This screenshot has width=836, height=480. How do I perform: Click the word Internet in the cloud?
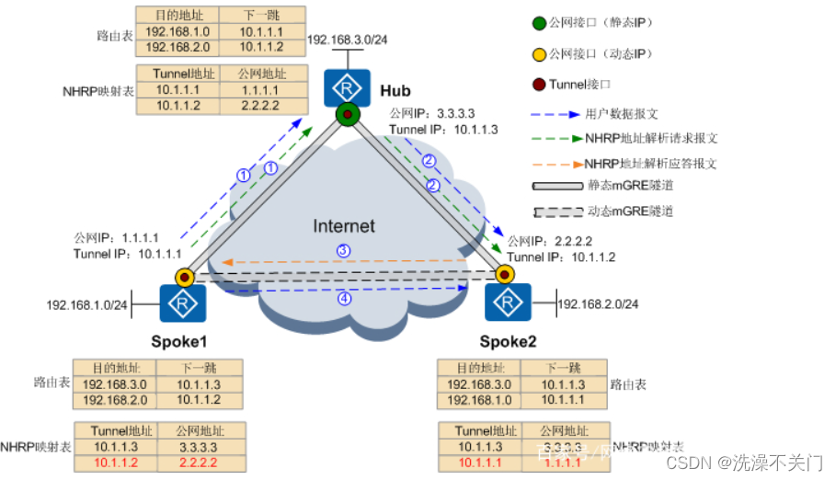click(344, 226)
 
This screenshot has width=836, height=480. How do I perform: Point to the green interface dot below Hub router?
click(347, 115)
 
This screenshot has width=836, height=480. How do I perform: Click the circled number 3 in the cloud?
click(343, 250)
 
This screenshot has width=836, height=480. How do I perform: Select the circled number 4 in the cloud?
click(343, 299)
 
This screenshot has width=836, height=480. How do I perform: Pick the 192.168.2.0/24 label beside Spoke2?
click(598, 303)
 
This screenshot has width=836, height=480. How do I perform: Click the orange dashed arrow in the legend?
click(555, 164)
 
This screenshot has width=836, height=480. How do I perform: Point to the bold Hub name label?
click(395, 90)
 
